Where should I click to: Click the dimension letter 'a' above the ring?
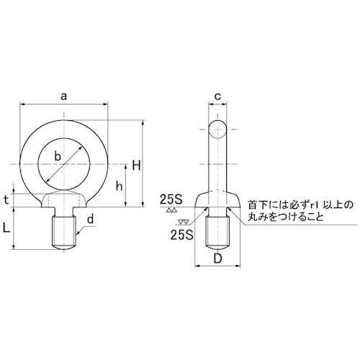point(65,94)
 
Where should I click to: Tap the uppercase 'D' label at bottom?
point(219,258)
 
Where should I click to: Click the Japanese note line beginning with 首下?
point(298,204)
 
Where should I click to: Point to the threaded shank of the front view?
point(64,230)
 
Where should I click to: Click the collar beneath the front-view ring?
point(64,199)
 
